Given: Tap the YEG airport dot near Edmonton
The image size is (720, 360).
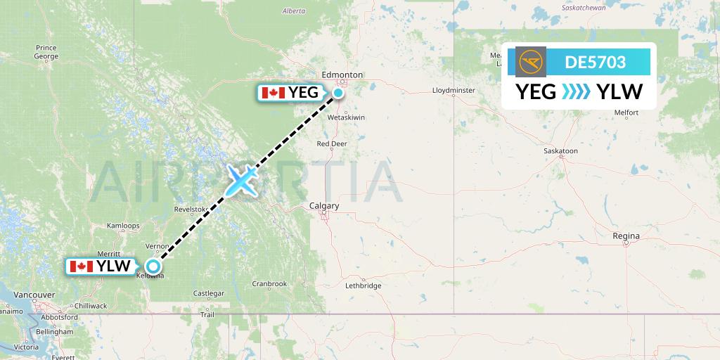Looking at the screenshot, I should (339, 92).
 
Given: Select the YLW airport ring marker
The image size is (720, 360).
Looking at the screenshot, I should (153, 266).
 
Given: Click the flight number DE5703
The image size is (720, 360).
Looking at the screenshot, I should (595, 62).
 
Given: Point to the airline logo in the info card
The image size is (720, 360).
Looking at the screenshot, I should (530, 62).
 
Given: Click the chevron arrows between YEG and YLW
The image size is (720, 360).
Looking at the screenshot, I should (576, 91).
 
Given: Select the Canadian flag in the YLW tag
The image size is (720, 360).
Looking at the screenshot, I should (82, 266).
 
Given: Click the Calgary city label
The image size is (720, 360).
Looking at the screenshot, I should (324, 206).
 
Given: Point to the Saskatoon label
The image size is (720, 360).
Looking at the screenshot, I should (560, 151).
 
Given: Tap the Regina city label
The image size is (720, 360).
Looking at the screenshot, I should (626, 236).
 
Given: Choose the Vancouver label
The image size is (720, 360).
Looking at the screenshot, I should (34, 295).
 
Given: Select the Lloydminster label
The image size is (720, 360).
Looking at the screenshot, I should (454, 91).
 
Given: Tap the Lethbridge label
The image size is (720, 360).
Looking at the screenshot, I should (364, 285).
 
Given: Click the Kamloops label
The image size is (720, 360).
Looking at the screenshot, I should (122, 224).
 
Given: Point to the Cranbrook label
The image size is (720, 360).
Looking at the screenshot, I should (269, 284).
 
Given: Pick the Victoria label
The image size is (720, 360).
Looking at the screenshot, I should (26, 347).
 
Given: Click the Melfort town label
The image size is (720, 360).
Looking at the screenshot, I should (626, 112).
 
